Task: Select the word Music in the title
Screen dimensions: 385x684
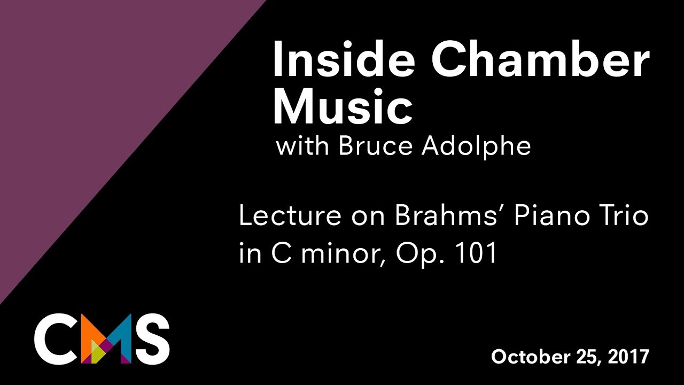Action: [343, 107]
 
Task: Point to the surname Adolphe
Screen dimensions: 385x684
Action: [476, 145]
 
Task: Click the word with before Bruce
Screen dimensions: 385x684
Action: [302, 145]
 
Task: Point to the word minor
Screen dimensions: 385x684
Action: [342, 254]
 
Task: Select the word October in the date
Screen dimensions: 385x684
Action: [526, 357]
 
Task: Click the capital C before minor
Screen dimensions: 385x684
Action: [281, 254]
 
